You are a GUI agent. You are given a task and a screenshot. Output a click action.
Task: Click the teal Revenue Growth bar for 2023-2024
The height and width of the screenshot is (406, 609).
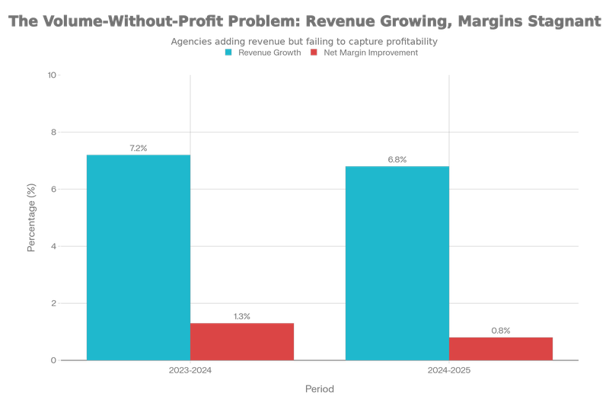(x=138, y=257)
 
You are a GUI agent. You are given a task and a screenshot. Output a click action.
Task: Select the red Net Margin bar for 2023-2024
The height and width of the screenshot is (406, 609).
(x=242, y=340)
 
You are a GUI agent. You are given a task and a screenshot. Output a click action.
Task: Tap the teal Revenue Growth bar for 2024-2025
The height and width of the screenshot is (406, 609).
(x=397, y=262)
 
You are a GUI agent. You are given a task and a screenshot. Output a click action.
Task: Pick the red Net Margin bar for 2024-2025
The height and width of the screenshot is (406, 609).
(x=501, y=348)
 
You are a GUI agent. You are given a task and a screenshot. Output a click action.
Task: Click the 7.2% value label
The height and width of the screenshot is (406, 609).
(x=138, y=149)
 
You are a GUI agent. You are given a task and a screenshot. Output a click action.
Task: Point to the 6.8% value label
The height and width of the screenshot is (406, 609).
(x=397, y=160)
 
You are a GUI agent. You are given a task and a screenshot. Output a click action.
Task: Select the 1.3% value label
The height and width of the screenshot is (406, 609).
(x=242, y=316)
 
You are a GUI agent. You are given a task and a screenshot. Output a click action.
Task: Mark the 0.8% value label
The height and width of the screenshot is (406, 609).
(x=501, y=331)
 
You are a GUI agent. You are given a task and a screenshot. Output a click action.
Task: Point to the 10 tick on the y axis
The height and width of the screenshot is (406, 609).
(x=53, y=75)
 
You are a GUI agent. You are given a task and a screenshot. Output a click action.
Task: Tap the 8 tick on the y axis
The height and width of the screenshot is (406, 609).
(x=54, y=133)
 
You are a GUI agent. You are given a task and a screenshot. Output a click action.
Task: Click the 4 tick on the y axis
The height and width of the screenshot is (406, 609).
(x=54, y=247)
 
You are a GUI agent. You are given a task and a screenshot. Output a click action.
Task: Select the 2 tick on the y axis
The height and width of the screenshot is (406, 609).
(x=54, y=303)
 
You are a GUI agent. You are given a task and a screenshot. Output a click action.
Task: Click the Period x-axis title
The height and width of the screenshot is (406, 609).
(x=320, y=388)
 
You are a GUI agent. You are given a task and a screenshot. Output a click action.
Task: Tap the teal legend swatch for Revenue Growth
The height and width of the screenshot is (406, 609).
(x=228, y=53)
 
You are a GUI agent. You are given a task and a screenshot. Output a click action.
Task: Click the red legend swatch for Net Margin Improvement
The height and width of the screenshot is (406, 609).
(x=314, y=53)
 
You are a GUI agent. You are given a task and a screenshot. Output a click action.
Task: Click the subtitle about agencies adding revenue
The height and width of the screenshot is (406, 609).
(x=304, y=42)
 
